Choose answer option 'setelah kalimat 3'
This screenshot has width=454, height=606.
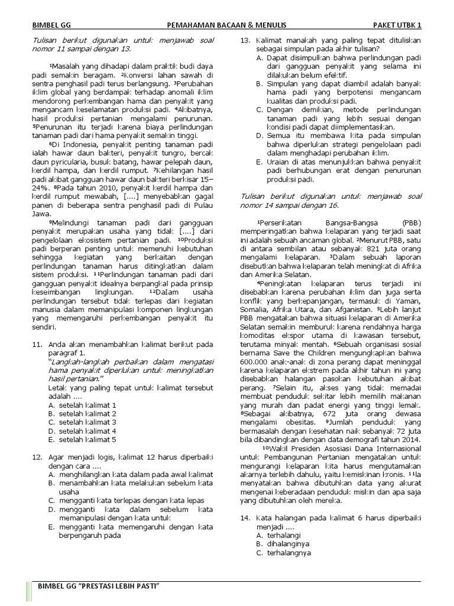click(x=82, y=422)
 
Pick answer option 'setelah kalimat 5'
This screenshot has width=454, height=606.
click(x=82, y=439)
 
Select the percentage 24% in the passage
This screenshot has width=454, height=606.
click(x=40, y=188)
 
